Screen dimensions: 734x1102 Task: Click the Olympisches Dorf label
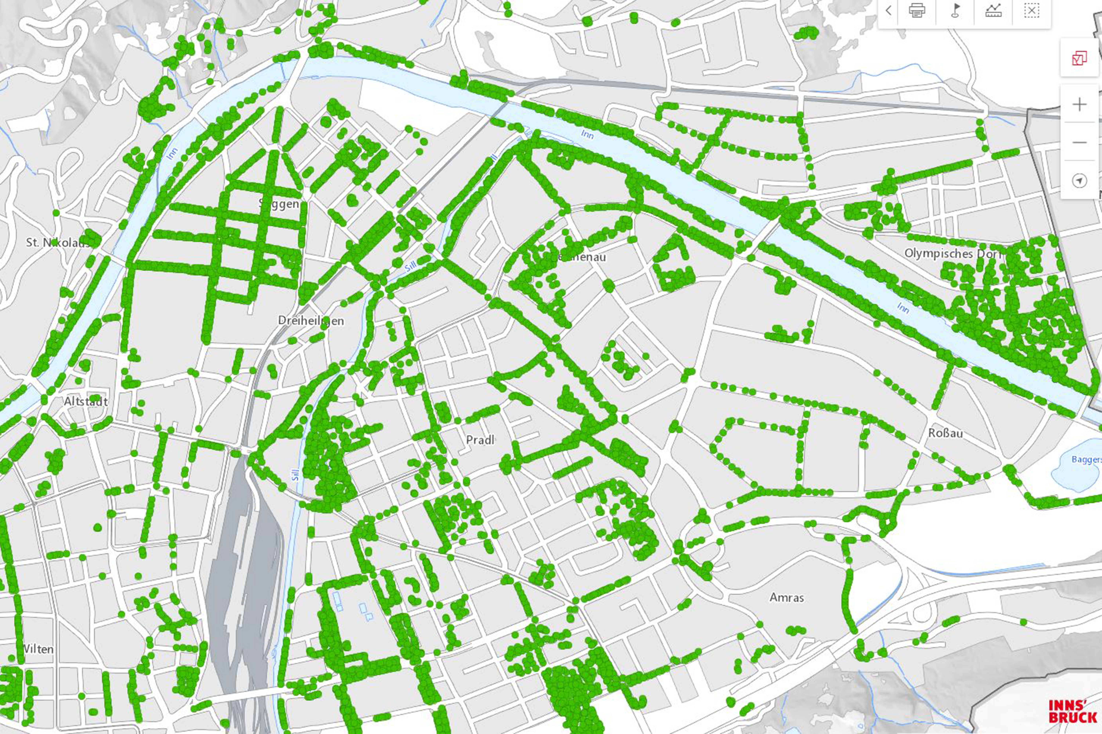pos(951,254)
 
